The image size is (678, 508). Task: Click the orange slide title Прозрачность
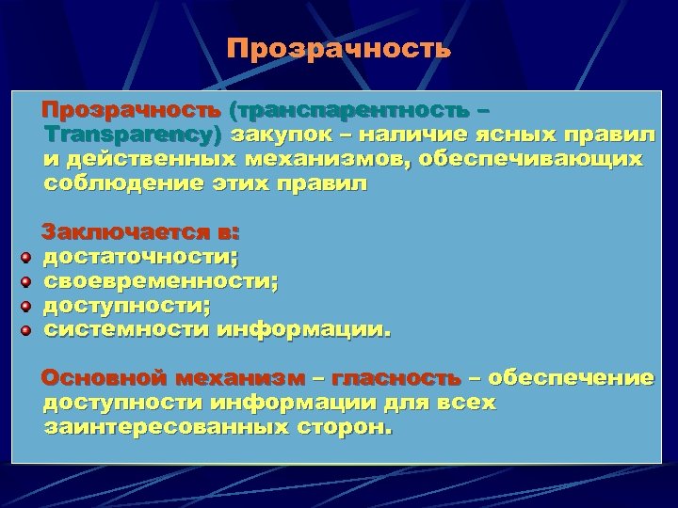click(339, 48)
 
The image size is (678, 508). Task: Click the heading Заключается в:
click(141, 231)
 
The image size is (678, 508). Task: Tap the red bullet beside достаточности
click(27, 257)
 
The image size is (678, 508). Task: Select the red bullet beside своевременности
click(27, 281)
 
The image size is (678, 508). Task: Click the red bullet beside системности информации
click(27, 330)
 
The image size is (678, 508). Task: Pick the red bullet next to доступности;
click(27, 306)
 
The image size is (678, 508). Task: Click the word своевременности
click(160, 281)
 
